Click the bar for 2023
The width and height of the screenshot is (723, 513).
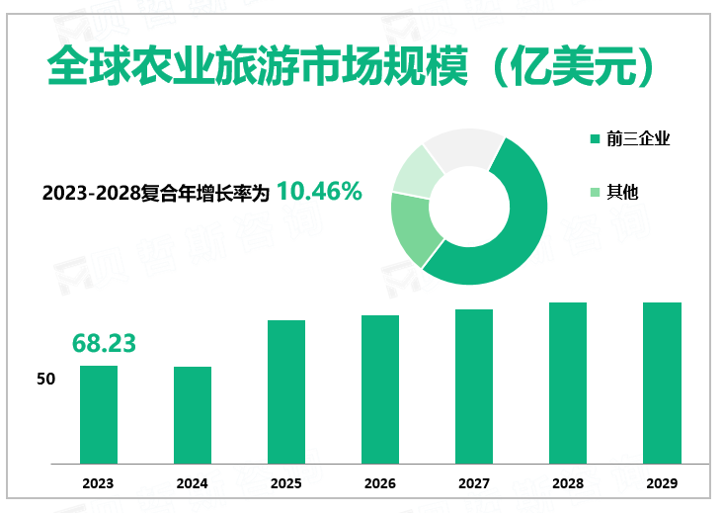[x=99, y=415]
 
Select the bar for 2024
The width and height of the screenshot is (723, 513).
[x=193, y=415]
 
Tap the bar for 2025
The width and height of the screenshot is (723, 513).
[x=286, y=392]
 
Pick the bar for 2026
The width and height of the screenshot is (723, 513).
[x=380, y=389]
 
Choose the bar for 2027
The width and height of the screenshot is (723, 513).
[x=474, y=386]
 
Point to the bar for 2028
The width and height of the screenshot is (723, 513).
[x=568, y=384]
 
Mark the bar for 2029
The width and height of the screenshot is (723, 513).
[x=662, y=384]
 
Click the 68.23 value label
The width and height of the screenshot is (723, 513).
[x=104, y=343]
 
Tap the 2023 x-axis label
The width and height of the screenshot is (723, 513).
[x=99, y=483]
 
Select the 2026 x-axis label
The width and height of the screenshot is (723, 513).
[x=380, y=483]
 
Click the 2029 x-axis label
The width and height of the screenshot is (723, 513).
[x=662, y=483]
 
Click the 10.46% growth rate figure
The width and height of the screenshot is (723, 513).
[x=319, y=192]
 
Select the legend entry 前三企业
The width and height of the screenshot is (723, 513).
[x=630, y=139]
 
